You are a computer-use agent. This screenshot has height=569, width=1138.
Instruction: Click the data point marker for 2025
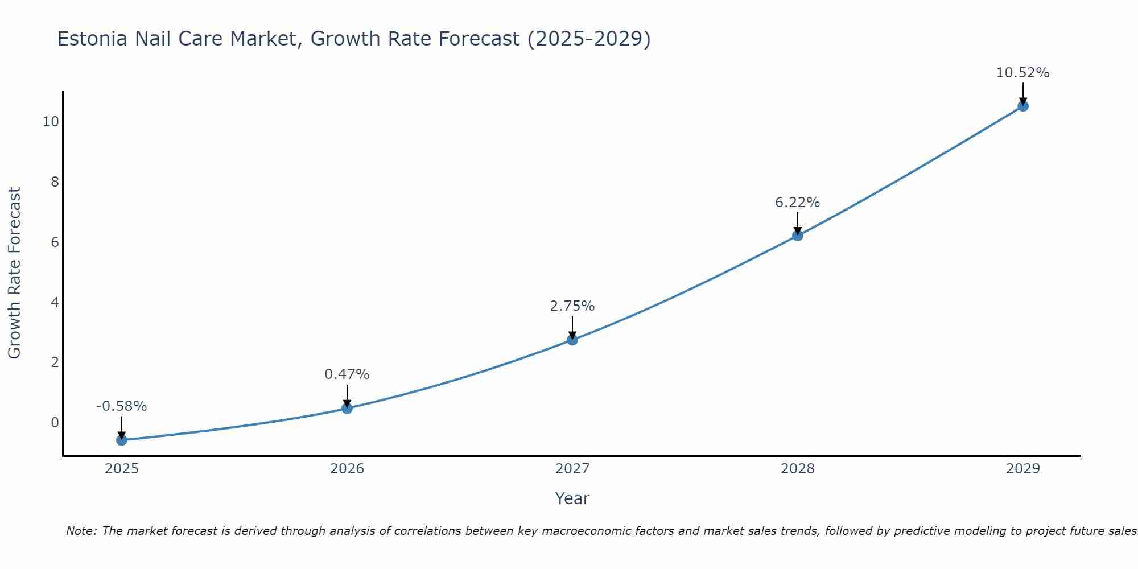coord(122,440)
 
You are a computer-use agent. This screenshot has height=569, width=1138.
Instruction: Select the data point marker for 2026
coord(347,408)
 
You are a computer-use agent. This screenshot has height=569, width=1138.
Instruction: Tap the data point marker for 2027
coord(572,340)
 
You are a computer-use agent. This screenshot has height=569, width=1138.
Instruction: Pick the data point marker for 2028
coord(798,235)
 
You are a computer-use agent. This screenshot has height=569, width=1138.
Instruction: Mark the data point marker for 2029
coord(1023,106)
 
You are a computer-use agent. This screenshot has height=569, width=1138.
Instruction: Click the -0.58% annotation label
coord(122,406)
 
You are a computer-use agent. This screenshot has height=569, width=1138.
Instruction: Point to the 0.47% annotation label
coord(347,374)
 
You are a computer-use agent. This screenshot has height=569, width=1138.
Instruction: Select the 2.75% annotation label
coord(572,306)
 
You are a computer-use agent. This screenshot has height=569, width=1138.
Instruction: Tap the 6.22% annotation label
coord(798,203)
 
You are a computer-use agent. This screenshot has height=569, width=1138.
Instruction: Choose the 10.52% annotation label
coord(1023,73)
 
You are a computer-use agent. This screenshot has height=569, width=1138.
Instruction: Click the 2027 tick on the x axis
coord(572,469)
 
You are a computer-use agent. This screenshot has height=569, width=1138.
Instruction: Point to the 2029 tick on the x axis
coord(1023,469)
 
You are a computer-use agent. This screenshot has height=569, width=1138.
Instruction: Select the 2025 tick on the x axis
coord(122,469)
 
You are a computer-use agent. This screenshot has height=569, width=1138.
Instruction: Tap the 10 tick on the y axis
coord(51,122)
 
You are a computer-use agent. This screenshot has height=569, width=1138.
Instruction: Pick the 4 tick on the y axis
coord(55,302)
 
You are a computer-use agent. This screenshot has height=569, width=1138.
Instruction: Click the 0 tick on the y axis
coord(55,422)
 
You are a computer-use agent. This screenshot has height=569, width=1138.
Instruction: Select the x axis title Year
coord(572,498)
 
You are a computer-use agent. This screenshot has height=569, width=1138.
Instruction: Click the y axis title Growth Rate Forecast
coord(14,273)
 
